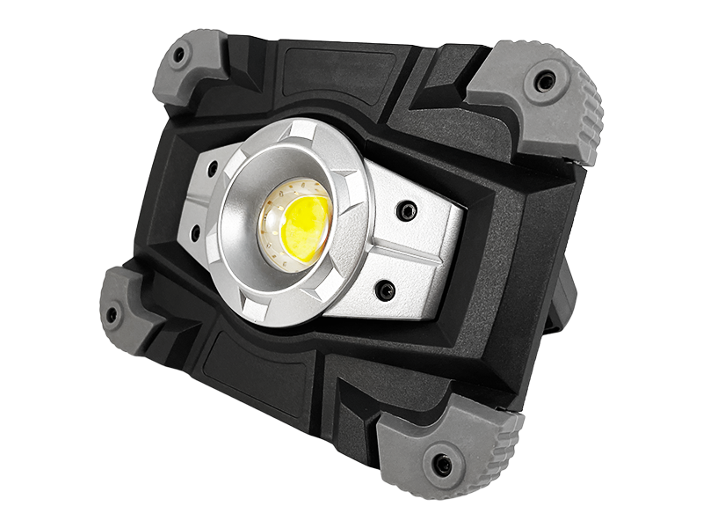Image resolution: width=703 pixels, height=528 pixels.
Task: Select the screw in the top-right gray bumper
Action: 546,82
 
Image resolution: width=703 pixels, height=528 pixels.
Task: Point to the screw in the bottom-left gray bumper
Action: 112,314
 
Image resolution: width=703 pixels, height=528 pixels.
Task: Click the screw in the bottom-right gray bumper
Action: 442,464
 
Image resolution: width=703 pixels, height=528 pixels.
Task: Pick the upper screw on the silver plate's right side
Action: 405,210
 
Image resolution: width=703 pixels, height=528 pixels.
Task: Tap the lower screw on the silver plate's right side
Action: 384,289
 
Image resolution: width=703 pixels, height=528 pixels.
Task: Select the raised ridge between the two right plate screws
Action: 409,251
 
